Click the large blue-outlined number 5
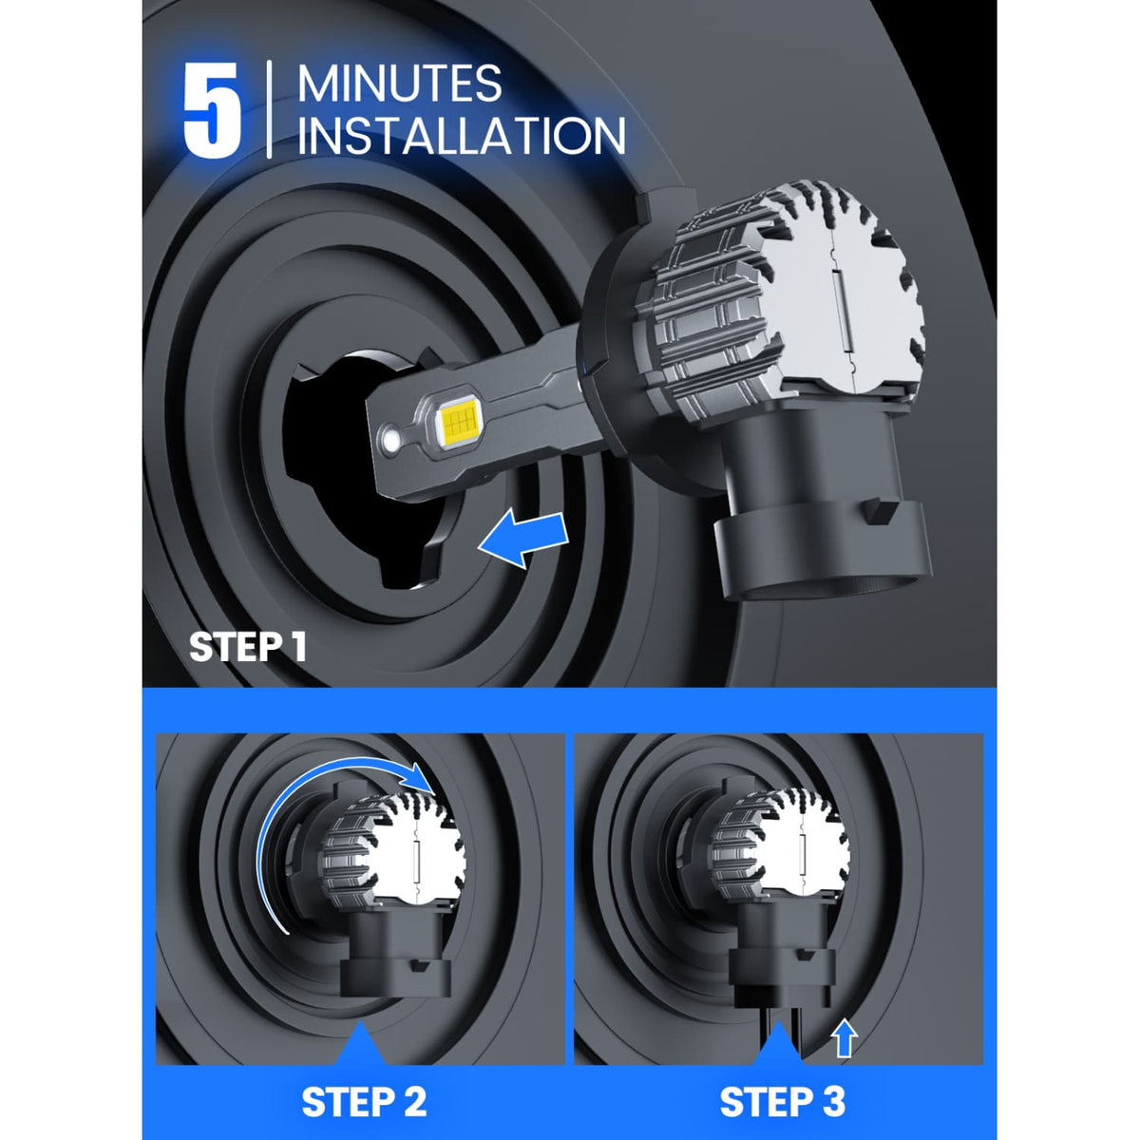212,111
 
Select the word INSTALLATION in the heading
462,135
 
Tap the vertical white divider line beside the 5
270,109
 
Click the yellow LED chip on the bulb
460,424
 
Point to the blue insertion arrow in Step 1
524,539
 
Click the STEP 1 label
247,647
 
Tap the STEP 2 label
364,1102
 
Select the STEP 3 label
782,1102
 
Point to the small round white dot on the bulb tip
390,442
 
